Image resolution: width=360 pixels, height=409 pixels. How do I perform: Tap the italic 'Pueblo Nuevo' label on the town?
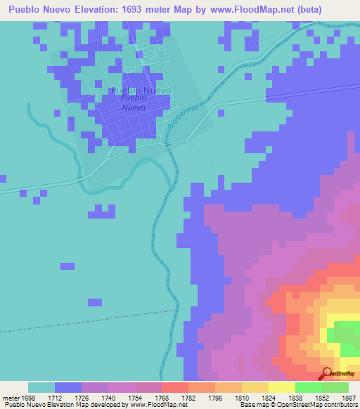click(x=133, y=104)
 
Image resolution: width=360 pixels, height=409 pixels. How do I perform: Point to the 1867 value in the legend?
click(x=349, y=398)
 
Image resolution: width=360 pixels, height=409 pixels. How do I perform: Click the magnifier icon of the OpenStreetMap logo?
click(x=326, y=373)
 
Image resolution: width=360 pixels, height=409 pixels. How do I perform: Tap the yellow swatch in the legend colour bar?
click(x=281, y=387)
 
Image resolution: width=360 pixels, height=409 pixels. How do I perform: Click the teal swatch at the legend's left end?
click(x=41, y=387)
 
